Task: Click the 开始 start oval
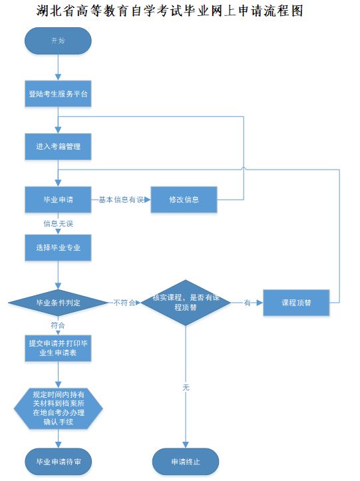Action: point(58,41)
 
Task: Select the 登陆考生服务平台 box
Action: point(58,94)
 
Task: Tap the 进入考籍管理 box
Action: point(58,146)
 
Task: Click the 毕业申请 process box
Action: point(58,200)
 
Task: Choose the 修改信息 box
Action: point(184,200)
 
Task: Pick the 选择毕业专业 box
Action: point(58,247)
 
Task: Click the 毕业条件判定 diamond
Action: point(58,303)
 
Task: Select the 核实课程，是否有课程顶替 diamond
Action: point(186,303)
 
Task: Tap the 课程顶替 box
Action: point(296,303)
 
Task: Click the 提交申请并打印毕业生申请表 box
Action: point(58,348)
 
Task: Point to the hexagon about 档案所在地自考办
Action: point(59,408)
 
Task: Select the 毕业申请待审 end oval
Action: point(59,462)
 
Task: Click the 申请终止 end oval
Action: point(186,462)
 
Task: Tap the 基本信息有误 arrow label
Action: point(121,200)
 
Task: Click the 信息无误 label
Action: point(59,224)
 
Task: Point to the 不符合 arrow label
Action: point(124,303)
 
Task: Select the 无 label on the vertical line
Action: point(186,387)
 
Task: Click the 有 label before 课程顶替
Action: point(247,303)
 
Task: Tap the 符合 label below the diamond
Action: point(58,325)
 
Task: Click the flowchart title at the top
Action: point(170,11)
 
